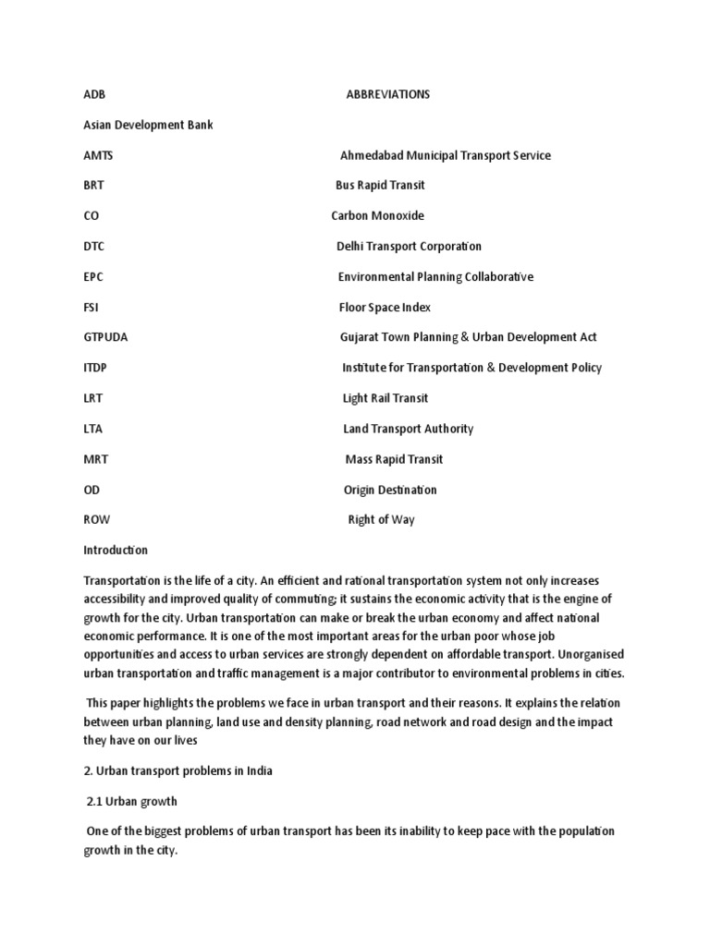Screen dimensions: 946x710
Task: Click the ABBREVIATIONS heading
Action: point(387,94)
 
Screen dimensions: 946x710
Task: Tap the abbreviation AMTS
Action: point(98,155)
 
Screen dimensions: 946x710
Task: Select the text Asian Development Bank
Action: point(148,125)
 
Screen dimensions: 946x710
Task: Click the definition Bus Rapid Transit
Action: point(380,185)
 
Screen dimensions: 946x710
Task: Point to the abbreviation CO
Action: point(92,215)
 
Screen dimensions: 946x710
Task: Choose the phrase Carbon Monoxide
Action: point(377,215)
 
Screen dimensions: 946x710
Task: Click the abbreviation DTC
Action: point(94,246)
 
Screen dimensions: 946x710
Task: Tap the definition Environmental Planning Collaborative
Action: point(435,276)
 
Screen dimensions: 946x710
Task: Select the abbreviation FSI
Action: point(92,307)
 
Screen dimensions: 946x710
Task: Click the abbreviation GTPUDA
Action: point(105,337)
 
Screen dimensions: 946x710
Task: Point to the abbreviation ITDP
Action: point(96,368)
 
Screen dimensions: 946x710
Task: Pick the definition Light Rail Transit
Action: point(386,398)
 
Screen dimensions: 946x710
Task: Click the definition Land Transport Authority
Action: point(408,429)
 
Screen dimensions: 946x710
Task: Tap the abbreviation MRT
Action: point(96,459)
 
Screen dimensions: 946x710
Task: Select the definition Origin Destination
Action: point(390,490)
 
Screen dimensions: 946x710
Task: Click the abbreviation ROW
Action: point(97,519)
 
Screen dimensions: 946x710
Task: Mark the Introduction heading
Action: point(116,550)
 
